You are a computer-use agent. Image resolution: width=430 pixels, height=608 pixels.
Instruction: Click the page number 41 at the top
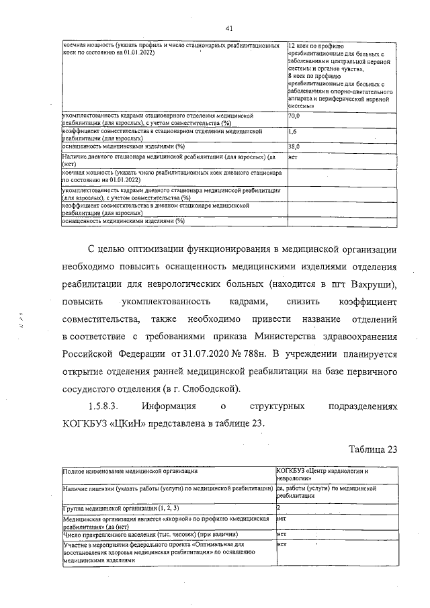229,28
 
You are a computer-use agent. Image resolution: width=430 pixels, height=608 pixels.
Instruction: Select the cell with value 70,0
294,116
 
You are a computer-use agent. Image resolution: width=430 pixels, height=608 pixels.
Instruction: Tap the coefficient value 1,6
292,132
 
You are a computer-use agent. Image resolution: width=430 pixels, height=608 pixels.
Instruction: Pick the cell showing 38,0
294,146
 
